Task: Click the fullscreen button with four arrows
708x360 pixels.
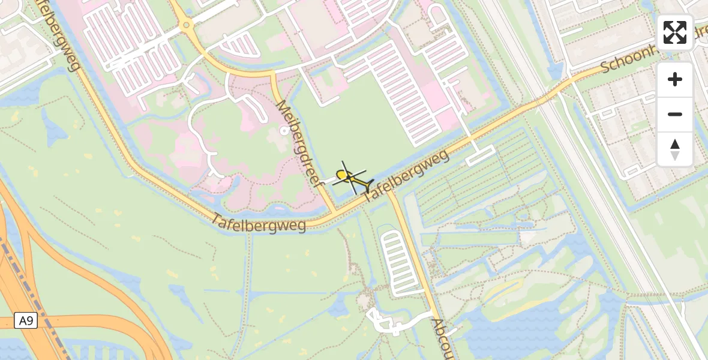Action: (675, 32)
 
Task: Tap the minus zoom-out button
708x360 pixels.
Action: (675, 114)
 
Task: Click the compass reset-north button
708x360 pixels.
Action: (675, 149)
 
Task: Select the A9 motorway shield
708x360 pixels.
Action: (26, 321)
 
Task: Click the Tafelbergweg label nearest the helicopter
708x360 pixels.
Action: (406, 176)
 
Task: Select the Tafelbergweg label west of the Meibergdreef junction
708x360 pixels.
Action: (258, 223)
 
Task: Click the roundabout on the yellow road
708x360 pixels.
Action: (185, 25)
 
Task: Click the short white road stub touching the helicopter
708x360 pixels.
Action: (331, 179)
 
